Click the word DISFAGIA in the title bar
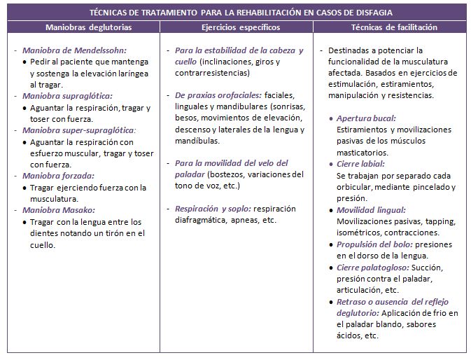[373, 13]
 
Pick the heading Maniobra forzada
[58, 176]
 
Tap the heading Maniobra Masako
[59, 209]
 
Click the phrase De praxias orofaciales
[218, 95]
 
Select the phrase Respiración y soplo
[212, 209]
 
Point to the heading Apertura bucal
[366, 118]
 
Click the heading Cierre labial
[360, 164]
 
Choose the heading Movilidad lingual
[371, 209]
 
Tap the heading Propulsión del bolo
[374, 244]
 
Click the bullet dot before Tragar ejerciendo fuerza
[25, 188]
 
